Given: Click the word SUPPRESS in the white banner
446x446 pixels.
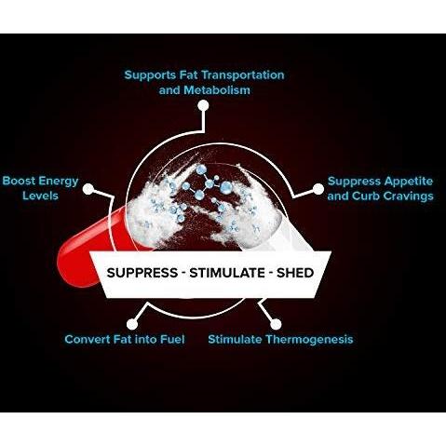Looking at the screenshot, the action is tap(142, 273).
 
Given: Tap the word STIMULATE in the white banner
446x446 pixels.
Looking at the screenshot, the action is tap(227, 273).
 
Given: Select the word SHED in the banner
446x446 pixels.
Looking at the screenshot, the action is tap(295, 273).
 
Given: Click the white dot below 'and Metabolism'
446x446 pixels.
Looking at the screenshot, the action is tap(203, 105).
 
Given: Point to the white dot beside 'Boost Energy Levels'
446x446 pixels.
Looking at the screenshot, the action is tap(88, 189).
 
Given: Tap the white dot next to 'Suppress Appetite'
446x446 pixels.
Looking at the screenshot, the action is tap(318, 189).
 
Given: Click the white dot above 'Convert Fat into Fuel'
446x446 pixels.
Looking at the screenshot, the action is tap(132, 324).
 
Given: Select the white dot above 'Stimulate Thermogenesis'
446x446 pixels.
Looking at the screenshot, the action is tap(276, 324).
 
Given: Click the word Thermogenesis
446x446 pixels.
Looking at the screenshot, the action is tap(309, 340).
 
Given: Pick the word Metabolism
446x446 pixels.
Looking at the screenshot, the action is tap(217, 90).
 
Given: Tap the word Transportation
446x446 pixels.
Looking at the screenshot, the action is tap(244, 75).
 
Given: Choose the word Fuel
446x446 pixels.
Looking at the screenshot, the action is tap(172, 339).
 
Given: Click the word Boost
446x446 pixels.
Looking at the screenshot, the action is tap(19, 181).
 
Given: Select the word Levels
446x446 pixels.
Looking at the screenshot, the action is tap(40, 196).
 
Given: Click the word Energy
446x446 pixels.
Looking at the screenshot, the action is tap(59, 182).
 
